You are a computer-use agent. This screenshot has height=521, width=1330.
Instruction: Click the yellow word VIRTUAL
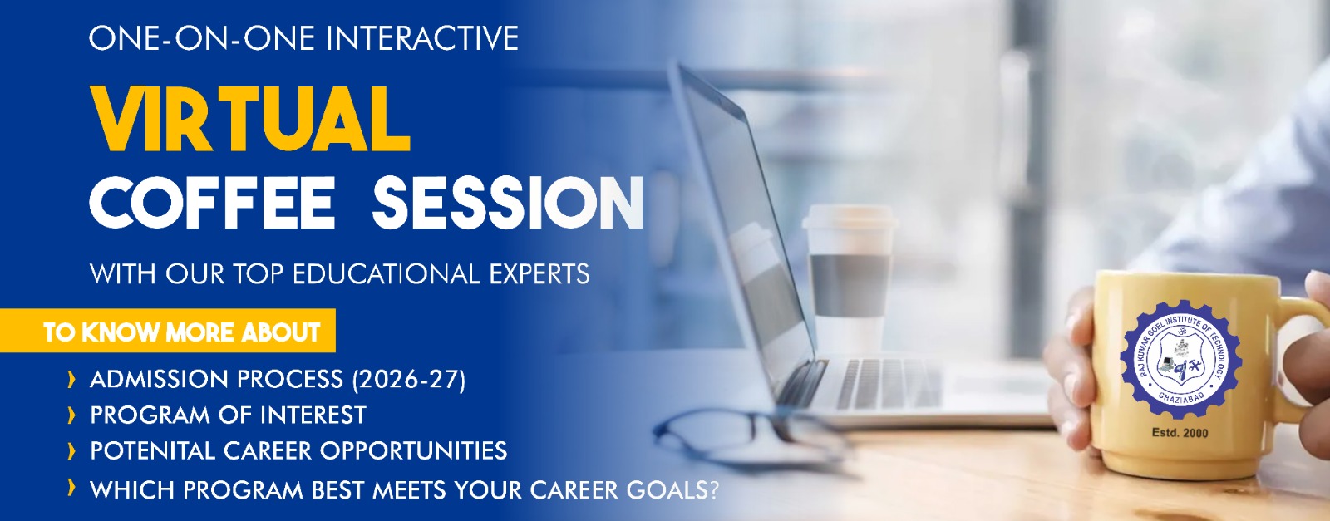click(250, 120)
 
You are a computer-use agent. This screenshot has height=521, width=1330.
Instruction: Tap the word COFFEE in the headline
click(213, 203)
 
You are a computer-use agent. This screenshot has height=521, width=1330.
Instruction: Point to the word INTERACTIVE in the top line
click(422, 38)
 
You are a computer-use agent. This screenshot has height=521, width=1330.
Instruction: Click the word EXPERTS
click(539, 274)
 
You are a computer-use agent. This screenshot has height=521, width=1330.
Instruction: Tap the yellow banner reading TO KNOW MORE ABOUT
click(167, 331)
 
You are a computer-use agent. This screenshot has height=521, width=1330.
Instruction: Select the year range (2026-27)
click(409, 380)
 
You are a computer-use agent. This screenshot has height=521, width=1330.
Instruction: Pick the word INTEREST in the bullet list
click(313, 415)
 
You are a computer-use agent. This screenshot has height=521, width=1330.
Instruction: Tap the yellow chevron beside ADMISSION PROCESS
click(71, 380)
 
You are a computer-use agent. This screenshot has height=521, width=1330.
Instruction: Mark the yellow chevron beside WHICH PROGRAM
click(71, 488)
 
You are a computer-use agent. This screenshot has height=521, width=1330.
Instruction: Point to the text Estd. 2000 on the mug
click(1180, 433)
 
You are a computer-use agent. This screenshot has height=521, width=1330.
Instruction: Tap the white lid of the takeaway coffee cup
click(849, 217)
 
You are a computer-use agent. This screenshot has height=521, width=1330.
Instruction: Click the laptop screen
click(743, 232)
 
